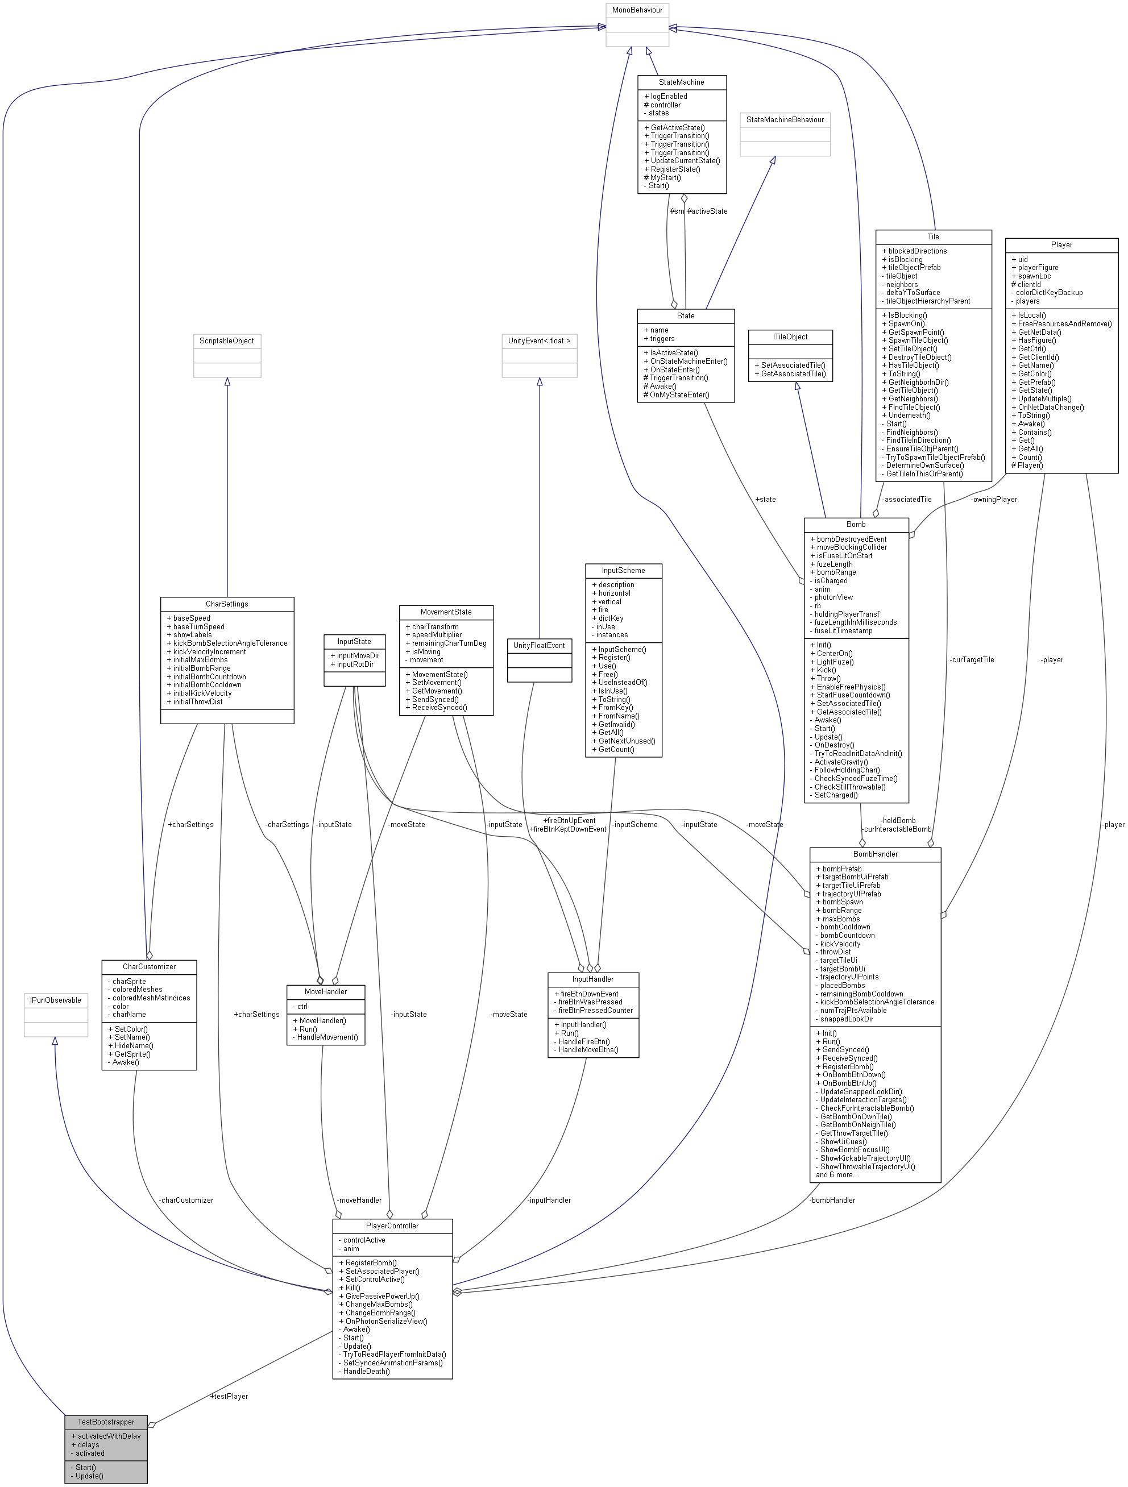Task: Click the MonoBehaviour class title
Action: pyautogui.click(x=637, y=10)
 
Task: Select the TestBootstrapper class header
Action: pyautogui.click(x=106, y=1422)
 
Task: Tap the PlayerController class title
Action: pyautogui.click(x=392, y=1226)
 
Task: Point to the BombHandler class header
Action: pyautogui.click(x=874, y=854)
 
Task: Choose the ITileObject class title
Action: pyautogui.click(x=790, y=337)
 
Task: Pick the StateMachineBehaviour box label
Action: pyautogui.click(x=785, y=120)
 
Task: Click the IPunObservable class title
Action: pyautogui.click(x=55, y=1000)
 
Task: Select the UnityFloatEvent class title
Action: pyautogui.click(x=538, y=645)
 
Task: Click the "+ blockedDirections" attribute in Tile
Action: pyautogui.click(x=914, y=251)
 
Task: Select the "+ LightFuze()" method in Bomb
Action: pyautogui.click(x=832, y=662)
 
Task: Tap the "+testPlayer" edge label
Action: pyautogui.click(x=229, y=1396)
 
